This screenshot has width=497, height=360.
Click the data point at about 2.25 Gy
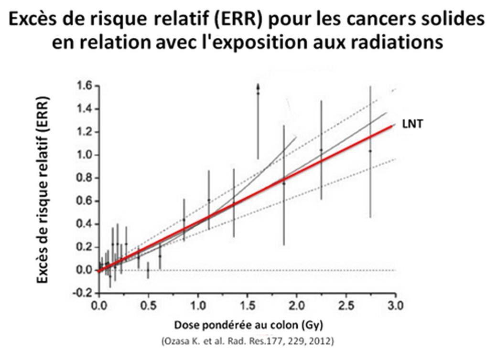[321, 150]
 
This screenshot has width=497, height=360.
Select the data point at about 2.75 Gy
[370, 151]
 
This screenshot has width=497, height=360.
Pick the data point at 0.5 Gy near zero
[148, 270]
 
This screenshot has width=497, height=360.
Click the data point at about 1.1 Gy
[209, 200]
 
